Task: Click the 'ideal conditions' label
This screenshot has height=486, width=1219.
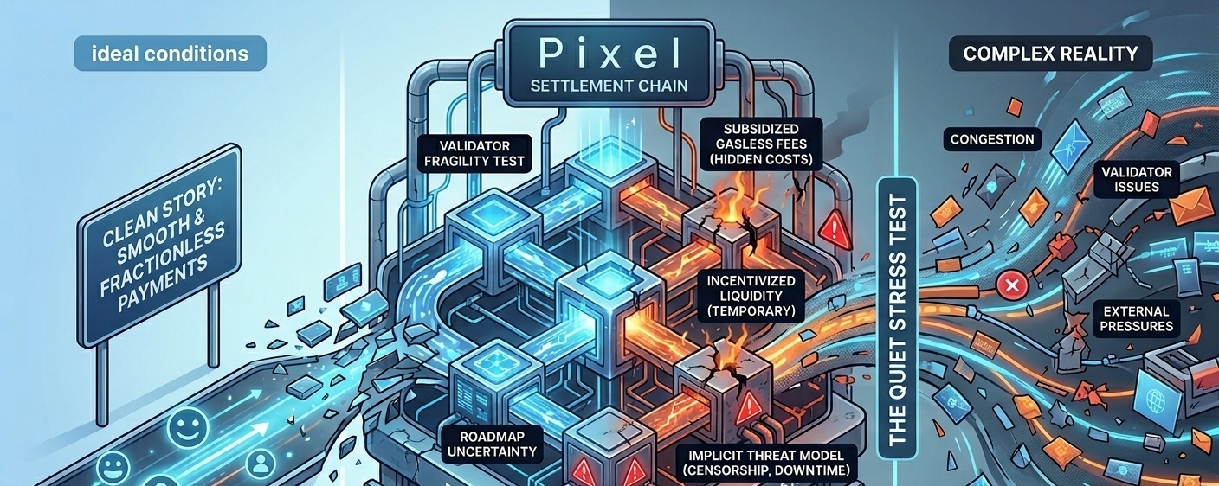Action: (x=170, y=54)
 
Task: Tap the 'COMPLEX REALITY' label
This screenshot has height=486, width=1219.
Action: (x=1050, y=54)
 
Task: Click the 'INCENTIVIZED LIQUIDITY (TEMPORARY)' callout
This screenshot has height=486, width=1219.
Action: (x=750, y=296)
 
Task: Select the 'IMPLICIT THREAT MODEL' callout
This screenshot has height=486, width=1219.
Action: (x=762, y=462)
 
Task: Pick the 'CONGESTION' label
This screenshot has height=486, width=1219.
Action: (x=991, y=139)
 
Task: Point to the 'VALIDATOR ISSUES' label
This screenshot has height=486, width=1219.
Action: (x=1137, y=180)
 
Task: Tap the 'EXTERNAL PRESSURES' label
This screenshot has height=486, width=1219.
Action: (x=1137, y=318)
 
